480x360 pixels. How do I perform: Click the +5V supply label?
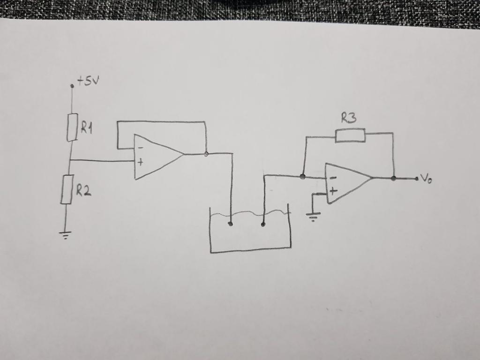coord(89,82)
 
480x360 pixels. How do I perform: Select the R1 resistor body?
coord(72,127)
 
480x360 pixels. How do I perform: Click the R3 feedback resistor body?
coord(350,136)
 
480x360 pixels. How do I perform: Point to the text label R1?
coord(87,127)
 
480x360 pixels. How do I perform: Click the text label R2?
coord(83,190)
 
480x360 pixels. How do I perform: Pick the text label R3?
coord(349,118)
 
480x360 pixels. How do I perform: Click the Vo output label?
coord(426,178)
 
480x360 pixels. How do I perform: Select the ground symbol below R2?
coord(65,234)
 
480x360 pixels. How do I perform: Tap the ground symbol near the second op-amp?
coord(313,217)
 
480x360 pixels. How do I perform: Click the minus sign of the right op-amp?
coord(332,178)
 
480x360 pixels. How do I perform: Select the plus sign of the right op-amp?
coord(333,191)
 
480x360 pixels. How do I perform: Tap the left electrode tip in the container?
coord(230,224)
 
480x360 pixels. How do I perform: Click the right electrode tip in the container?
coord(263,225)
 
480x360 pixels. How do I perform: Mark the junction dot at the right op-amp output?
coord(393,178)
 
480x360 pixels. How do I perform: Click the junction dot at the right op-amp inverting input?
coord(303,177)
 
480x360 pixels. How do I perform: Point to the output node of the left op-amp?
coord(206,153)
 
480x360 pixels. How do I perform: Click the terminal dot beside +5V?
coord(72,86)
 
